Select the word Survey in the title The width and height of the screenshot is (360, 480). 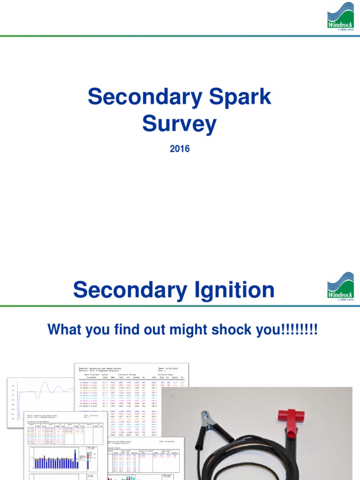(180, 124)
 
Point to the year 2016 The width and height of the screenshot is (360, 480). (180, 149)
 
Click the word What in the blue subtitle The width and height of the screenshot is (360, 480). (66, 330)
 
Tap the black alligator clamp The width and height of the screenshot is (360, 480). (207, 429)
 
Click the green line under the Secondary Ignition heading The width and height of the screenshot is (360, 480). (180, 307)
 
